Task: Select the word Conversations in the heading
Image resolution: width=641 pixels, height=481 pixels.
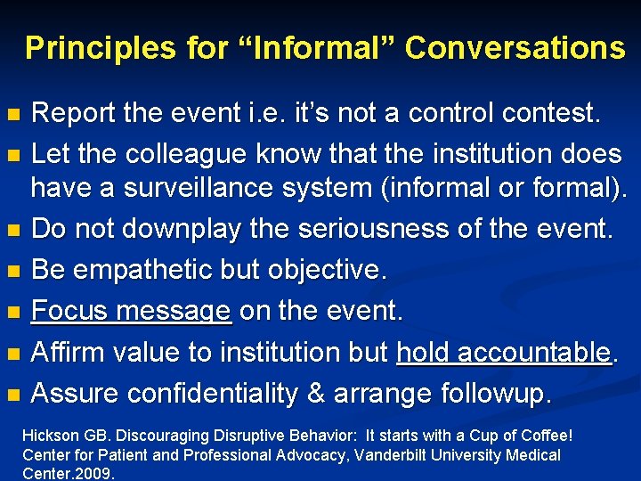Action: point(515,48)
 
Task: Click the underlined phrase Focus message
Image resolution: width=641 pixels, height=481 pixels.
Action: point(132,312)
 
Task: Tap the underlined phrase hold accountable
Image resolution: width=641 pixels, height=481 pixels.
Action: point(504,353)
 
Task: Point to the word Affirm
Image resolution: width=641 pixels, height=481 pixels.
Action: point(67,353)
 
